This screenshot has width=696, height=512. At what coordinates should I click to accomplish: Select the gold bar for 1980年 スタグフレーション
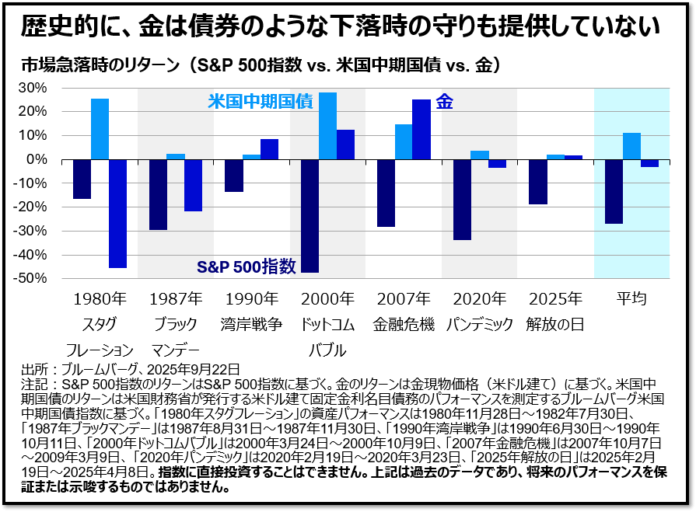click(x=118, y=213)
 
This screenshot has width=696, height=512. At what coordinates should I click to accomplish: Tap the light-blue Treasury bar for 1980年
click(x=100, y=129)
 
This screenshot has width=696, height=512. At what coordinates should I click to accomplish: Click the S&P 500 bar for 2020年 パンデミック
click(x=462, y=200)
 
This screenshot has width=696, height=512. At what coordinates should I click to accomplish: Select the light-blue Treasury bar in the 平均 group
click(x=631, y=146)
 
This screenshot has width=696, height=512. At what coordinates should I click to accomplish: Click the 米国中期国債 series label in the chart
click(x=260, y=101)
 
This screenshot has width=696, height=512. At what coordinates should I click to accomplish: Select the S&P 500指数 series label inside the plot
click(x=246, y=266)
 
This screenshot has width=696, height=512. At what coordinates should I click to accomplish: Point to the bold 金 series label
click(x=445, y=101)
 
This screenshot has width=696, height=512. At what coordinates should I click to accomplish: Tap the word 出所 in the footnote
click(x=36, y=369)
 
